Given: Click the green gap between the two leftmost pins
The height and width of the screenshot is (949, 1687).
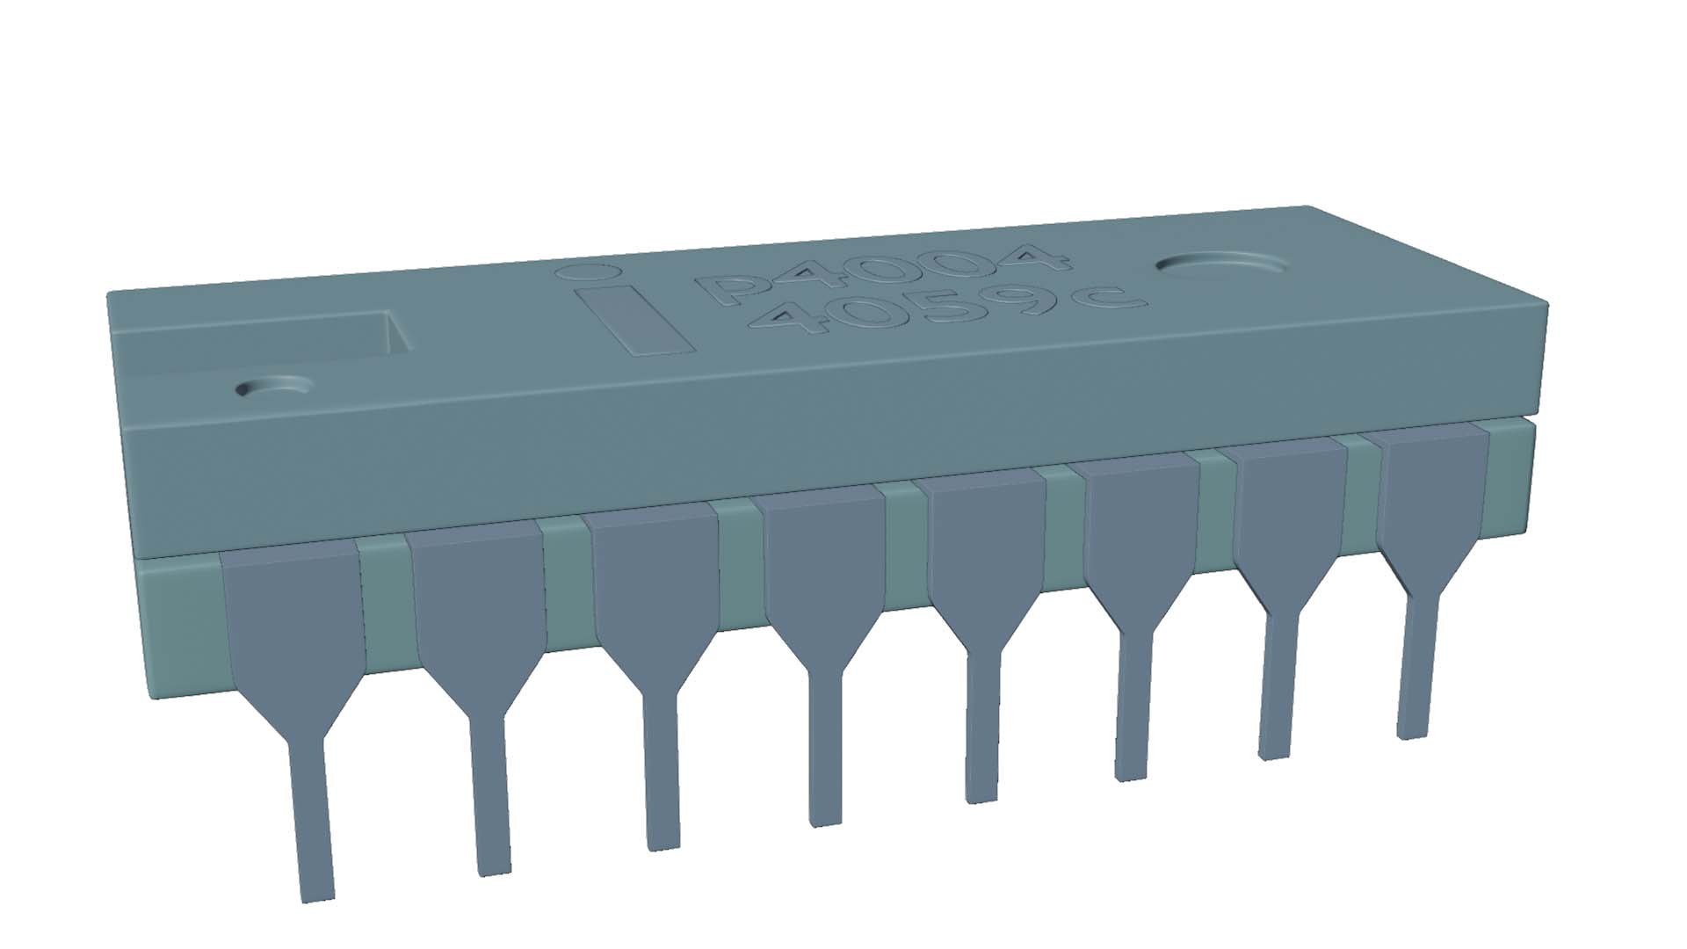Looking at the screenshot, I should click(x=385, y=606).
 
